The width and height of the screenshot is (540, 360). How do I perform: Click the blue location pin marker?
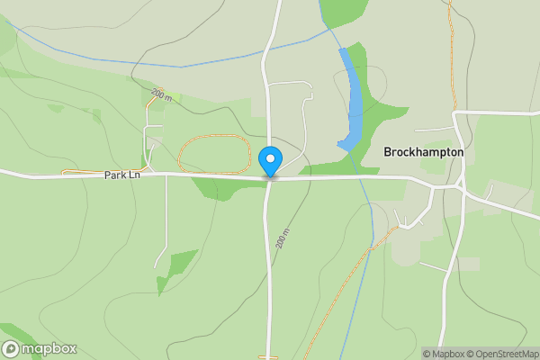(270, 160)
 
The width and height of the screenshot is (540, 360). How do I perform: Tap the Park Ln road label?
(121, 175)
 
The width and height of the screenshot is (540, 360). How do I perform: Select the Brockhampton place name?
(423, 152)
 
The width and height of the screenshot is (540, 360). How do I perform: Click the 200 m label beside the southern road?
(283, 238)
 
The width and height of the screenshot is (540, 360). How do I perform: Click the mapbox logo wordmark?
(49, 349)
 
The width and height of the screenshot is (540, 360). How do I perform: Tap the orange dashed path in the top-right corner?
(451, 54)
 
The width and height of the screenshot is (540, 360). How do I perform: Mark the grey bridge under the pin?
(270, 177)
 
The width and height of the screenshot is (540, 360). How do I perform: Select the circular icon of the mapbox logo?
(11, 349)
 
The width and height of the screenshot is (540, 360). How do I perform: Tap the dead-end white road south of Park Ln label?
(166, 225)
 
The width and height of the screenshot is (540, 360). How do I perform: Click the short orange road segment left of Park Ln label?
(76, 171)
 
